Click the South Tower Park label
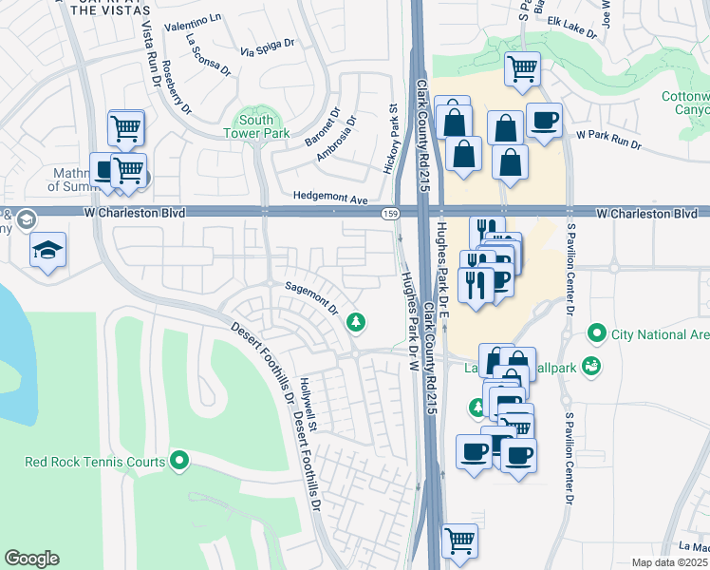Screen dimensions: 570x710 (256, 127)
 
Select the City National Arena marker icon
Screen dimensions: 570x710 (596, 333)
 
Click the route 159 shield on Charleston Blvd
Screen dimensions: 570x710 (390, 214)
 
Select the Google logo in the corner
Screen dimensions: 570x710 (31, 559)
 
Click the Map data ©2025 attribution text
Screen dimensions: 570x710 (669, 562)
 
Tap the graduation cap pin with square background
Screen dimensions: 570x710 (47, 251)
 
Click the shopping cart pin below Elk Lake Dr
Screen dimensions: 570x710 (521, 69)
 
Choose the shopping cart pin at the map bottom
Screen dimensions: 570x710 (459, 541)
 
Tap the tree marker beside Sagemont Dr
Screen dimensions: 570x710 (356, 322)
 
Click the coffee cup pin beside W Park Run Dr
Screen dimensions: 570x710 (544, 122)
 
